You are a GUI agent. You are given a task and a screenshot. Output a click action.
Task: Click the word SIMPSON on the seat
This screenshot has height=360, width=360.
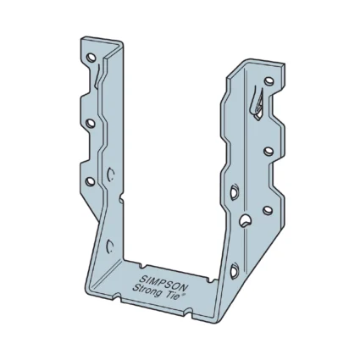point(155,283)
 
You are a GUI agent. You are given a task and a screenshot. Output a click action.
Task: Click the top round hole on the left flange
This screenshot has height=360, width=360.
point(91,59)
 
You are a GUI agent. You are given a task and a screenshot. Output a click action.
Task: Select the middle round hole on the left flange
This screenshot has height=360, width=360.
point(91,124)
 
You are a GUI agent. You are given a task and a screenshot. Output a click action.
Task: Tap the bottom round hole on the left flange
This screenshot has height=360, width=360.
point(90,180)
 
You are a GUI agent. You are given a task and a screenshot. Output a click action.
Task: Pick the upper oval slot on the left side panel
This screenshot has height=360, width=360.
point(111,175)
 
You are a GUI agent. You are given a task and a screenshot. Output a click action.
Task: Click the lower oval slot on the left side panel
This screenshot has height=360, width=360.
point(109,246)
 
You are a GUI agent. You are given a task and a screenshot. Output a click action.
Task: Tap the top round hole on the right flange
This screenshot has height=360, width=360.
point(269,82)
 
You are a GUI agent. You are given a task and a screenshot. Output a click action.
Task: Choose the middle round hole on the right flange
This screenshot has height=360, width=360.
point(269,151)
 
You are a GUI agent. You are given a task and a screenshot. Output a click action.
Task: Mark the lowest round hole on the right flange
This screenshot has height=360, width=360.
point(268,209)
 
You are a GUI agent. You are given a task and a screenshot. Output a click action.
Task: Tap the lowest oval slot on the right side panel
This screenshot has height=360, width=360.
point(235,271)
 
